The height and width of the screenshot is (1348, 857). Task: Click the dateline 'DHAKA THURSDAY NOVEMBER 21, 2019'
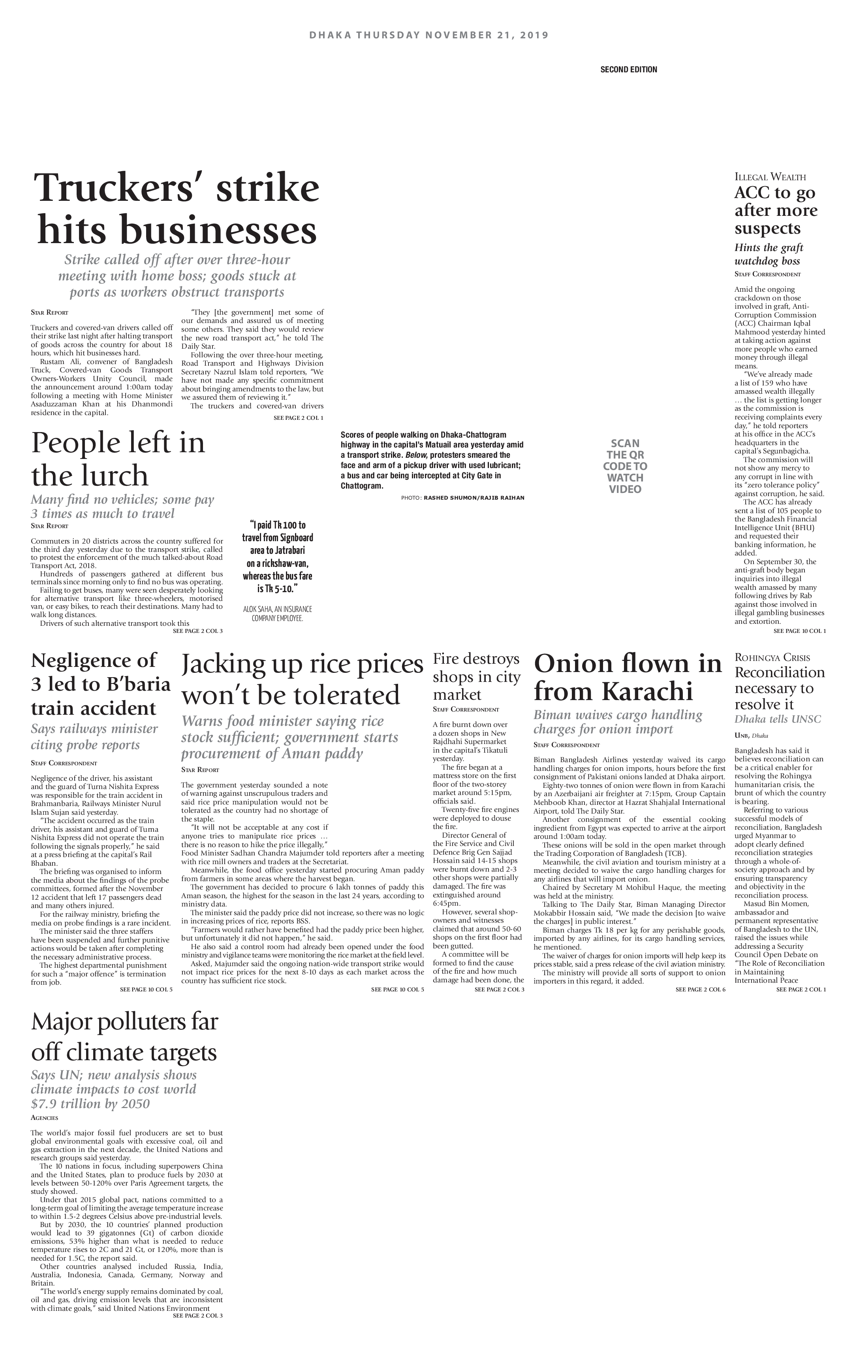(428, 35)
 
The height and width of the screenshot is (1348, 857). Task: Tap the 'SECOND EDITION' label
(629, 70)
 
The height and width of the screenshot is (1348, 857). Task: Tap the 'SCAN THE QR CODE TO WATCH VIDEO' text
(625, 466)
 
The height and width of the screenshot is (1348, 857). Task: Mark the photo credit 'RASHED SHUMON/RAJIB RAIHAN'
(474, 498)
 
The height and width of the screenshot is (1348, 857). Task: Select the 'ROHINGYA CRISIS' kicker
(772, 658)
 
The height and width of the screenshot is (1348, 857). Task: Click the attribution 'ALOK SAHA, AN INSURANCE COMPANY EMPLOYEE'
(278, 614)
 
